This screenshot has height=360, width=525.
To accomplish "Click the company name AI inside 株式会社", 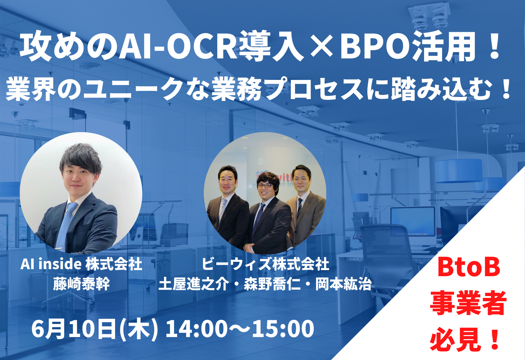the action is click(x=81, y=264).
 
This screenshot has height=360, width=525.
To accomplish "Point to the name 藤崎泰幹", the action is click(x=81, y=284).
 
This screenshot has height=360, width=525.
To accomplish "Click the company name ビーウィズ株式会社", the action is click(x=265, y=264).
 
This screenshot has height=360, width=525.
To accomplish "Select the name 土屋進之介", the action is click(x=194, y=284).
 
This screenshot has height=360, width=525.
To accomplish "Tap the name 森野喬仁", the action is click(x=272, y=284).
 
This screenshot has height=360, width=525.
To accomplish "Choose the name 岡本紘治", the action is click(x=343, y=284).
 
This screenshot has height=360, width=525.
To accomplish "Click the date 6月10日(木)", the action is click(x=95, y=329).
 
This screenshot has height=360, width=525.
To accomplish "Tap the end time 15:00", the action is click(x=283, y=329).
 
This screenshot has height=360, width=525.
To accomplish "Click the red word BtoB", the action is click(x=469, y=267).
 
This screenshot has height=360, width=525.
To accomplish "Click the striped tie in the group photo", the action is click(x=300, y=208).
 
